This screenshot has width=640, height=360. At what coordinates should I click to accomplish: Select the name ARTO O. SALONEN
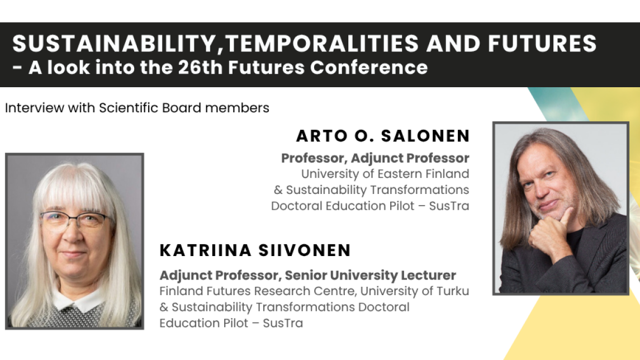click(383, 136)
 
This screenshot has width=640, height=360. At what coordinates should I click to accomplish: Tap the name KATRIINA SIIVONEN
click(255, 250)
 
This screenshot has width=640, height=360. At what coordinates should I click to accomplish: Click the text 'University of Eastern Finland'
click(385, 174)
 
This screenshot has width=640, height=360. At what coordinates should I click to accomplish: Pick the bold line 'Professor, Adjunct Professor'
click(375, 158)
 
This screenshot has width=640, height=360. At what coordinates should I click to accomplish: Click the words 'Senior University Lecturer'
click(371, 275)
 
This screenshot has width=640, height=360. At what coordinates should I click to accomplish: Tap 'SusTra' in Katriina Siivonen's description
click(283, 323)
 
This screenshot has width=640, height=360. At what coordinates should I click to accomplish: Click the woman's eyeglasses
click(75, 220)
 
